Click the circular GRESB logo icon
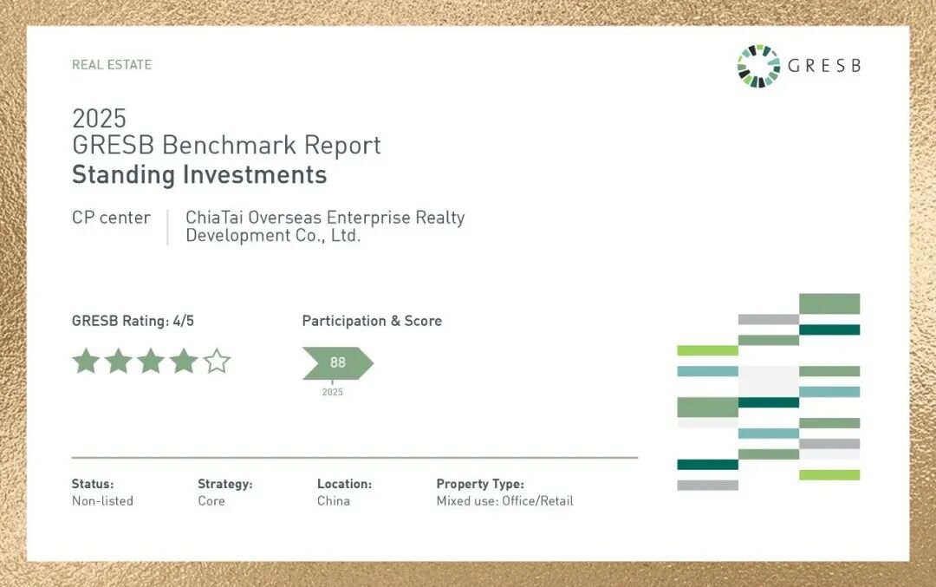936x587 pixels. click(x=758, y=66)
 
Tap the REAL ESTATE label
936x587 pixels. click(x=112, y=64)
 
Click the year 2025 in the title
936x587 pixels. click(x=99, y=118)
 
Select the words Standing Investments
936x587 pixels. click(x=199, y=174)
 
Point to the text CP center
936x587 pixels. click(x=111, y=218)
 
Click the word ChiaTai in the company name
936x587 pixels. click(x=214, y=218)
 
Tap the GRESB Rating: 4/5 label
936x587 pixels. click(x=133, y=321)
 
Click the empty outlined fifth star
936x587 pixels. click(x=217, y=362)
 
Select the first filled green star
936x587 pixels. click(x=86, y=362)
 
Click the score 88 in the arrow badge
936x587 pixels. click(x=338, y=362)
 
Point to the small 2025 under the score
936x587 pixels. click(x=333, y=392)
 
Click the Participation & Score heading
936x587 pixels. click(x=372, y=321)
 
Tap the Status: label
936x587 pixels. click(x=93, y=484)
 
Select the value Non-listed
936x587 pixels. click(x=102, y=500)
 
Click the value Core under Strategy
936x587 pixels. click(x=211, y=500)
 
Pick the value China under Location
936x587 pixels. click(x=333, y=500)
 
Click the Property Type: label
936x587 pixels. click(x=480, y=484)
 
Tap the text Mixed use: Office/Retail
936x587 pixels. click(x=504, y=500)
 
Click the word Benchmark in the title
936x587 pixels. click(x=229, y=145)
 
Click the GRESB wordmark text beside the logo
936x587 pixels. click(x=824, y=65)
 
